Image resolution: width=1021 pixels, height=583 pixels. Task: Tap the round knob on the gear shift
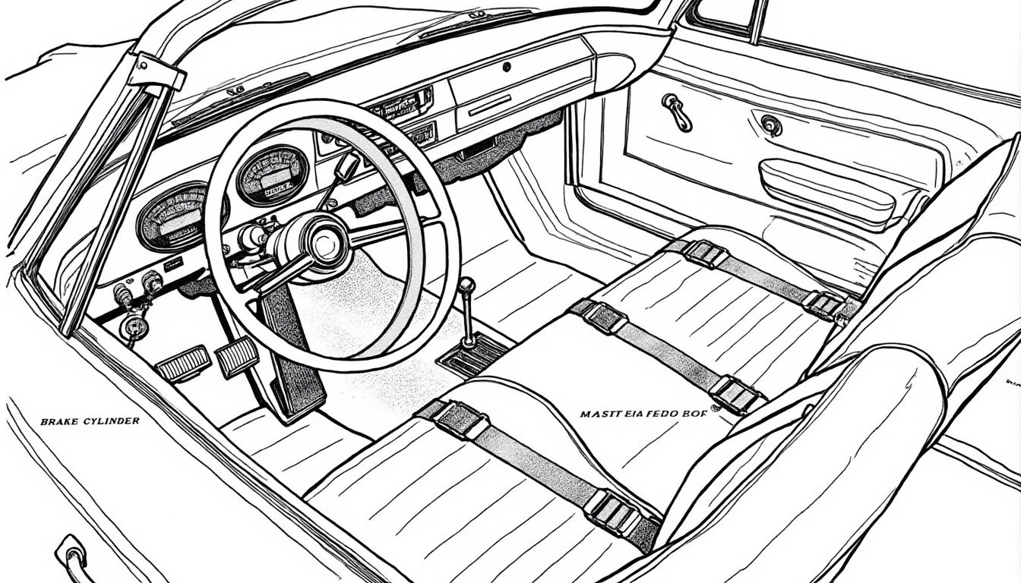467,286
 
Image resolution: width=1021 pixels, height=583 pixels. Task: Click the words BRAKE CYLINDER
90,421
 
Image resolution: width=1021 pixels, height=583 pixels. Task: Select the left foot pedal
183,364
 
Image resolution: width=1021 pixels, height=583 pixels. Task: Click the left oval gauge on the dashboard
172,217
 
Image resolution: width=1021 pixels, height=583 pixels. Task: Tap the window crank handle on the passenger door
676,112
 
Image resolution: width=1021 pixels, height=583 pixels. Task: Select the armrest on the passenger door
828,193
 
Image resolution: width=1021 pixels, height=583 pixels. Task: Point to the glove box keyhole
506,67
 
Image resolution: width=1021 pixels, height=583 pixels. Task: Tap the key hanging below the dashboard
134,327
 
